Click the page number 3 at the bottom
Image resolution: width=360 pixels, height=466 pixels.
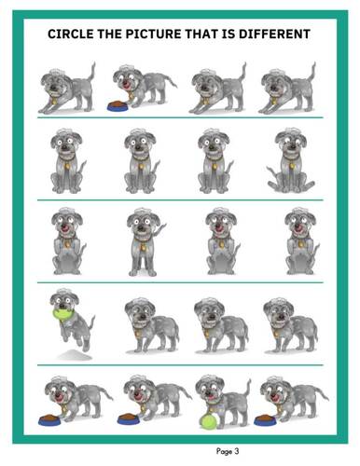(237, 451)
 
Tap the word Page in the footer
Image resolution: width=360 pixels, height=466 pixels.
(224, 451)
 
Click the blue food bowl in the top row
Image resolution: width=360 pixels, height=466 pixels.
(118, 106)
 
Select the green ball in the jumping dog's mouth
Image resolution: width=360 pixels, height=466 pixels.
(63, 313)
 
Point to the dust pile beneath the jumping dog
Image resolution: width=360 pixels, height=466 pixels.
(75, 354)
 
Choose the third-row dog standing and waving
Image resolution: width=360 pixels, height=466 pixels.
(145, 242)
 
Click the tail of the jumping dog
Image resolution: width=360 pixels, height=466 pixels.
(90, 325)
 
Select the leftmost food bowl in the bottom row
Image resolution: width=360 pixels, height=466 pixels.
(49, 419)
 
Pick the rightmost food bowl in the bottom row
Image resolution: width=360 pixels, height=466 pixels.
(265, 420)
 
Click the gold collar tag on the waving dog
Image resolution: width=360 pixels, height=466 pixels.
(143, 248)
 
